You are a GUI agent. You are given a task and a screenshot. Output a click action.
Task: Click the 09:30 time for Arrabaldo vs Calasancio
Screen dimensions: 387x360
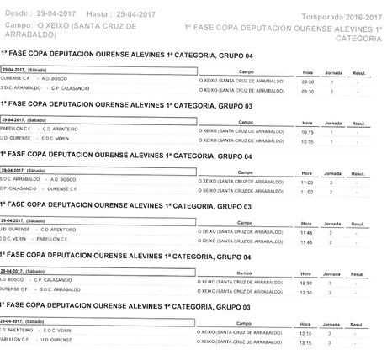307,91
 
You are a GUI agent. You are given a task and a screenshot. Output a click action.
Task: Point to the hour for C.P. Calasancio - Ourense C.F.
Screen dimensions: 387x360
307,193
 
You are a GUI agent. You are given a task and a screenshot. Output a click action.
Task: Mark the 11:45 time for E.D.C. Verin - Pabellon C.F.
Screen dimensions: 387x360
307,242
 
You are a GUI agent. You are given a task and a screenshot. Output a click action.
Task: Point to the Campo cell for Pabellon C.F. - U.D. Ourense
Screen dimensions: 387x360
241,343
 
